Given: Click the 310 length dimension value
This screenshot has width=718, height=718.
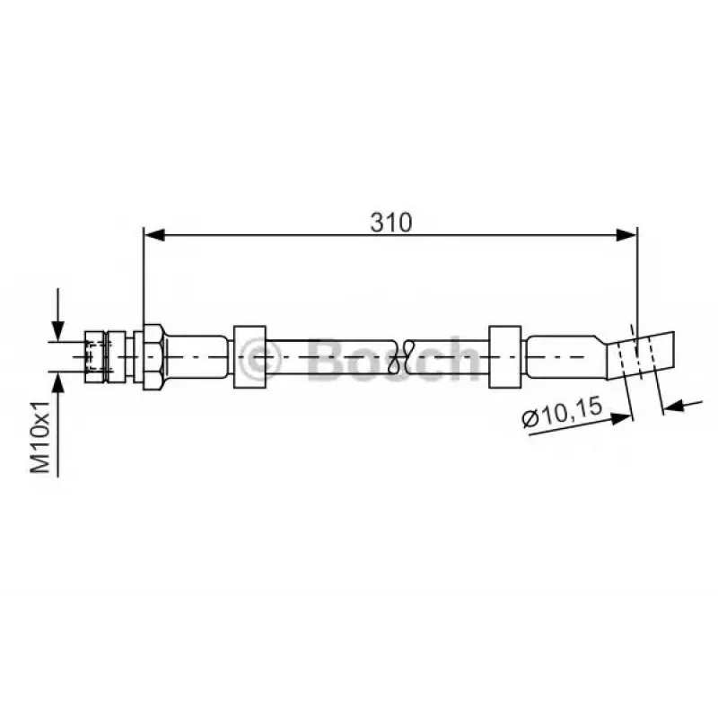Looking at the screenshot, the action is (x=391, y=222).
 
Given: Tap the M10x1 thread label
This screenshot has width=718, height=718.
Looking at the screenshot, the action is (x=39, y=437).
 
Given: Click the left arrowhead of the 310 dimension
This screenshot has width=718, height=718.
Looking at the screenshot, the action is (x=154, y=235).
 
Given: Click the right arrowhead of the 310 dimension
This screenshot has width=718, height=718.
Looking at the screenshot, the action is (x=626, y=235).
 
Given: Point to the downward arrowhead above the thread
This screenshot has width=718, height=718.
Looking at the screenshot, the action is (x=57, y=330).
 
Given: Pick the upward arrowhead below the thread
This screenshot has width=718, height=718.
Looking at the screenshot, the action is (x=57, y=382).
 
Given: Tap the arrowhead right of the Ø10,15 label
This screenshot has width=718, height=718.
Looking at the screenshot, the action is (x=622, y=418).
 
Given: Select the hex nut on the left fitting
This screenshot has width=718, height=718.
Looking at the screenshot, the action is (x=153, y=357).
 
